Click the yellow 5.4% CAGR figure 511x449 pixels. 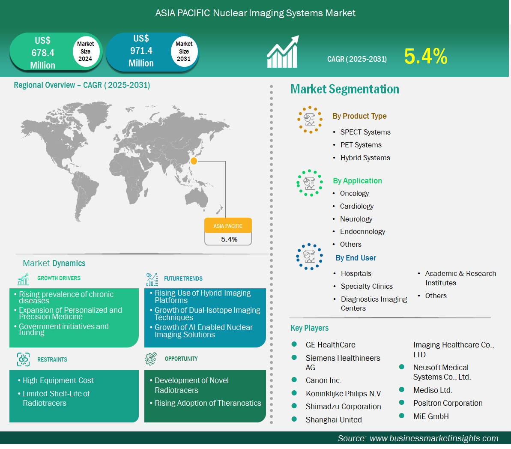point(426,56)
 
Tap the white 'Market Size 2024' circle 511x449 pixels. point(85,51)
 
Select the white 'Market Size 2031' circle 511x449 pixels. point(184,51)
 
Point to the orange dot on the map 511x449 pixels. point(194,161)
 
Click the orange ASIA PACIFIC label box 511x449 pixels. point(228,226)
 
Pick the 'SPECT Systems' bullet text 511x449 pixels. point(365,132)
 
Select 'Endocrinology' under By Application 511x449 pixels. point(362,231)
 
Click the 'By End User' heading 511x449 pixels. point(356,258)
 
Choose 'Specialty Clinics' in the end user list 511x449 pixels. point(367,286)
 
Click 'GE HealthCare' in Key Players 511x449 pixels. point(330,344)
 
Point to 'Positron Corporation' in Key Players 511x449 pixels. point(448,403)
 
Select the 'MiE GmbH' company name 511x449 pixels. point(431,416)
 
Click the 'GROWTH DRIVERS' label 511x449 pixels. point(59,278)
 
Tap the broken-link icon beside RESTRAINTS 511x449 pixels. point(23,359)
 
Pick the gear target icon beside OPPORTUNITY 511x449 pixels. point(151,359)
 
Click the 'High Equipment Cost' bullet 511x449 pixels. point(58,380)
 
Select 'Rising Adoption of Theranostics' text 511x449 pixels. point(208,403)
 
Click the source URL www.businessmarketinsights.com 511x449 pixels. point(434,438)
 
